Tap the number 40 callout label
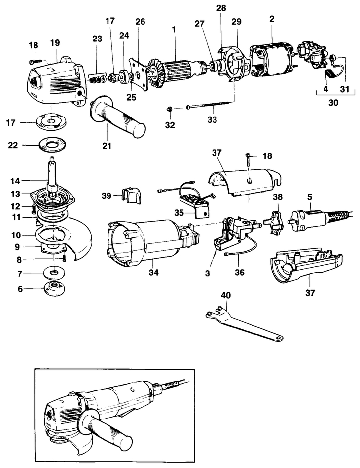(x=226, y=295)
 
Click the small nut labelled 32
(x=169, y=109)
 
